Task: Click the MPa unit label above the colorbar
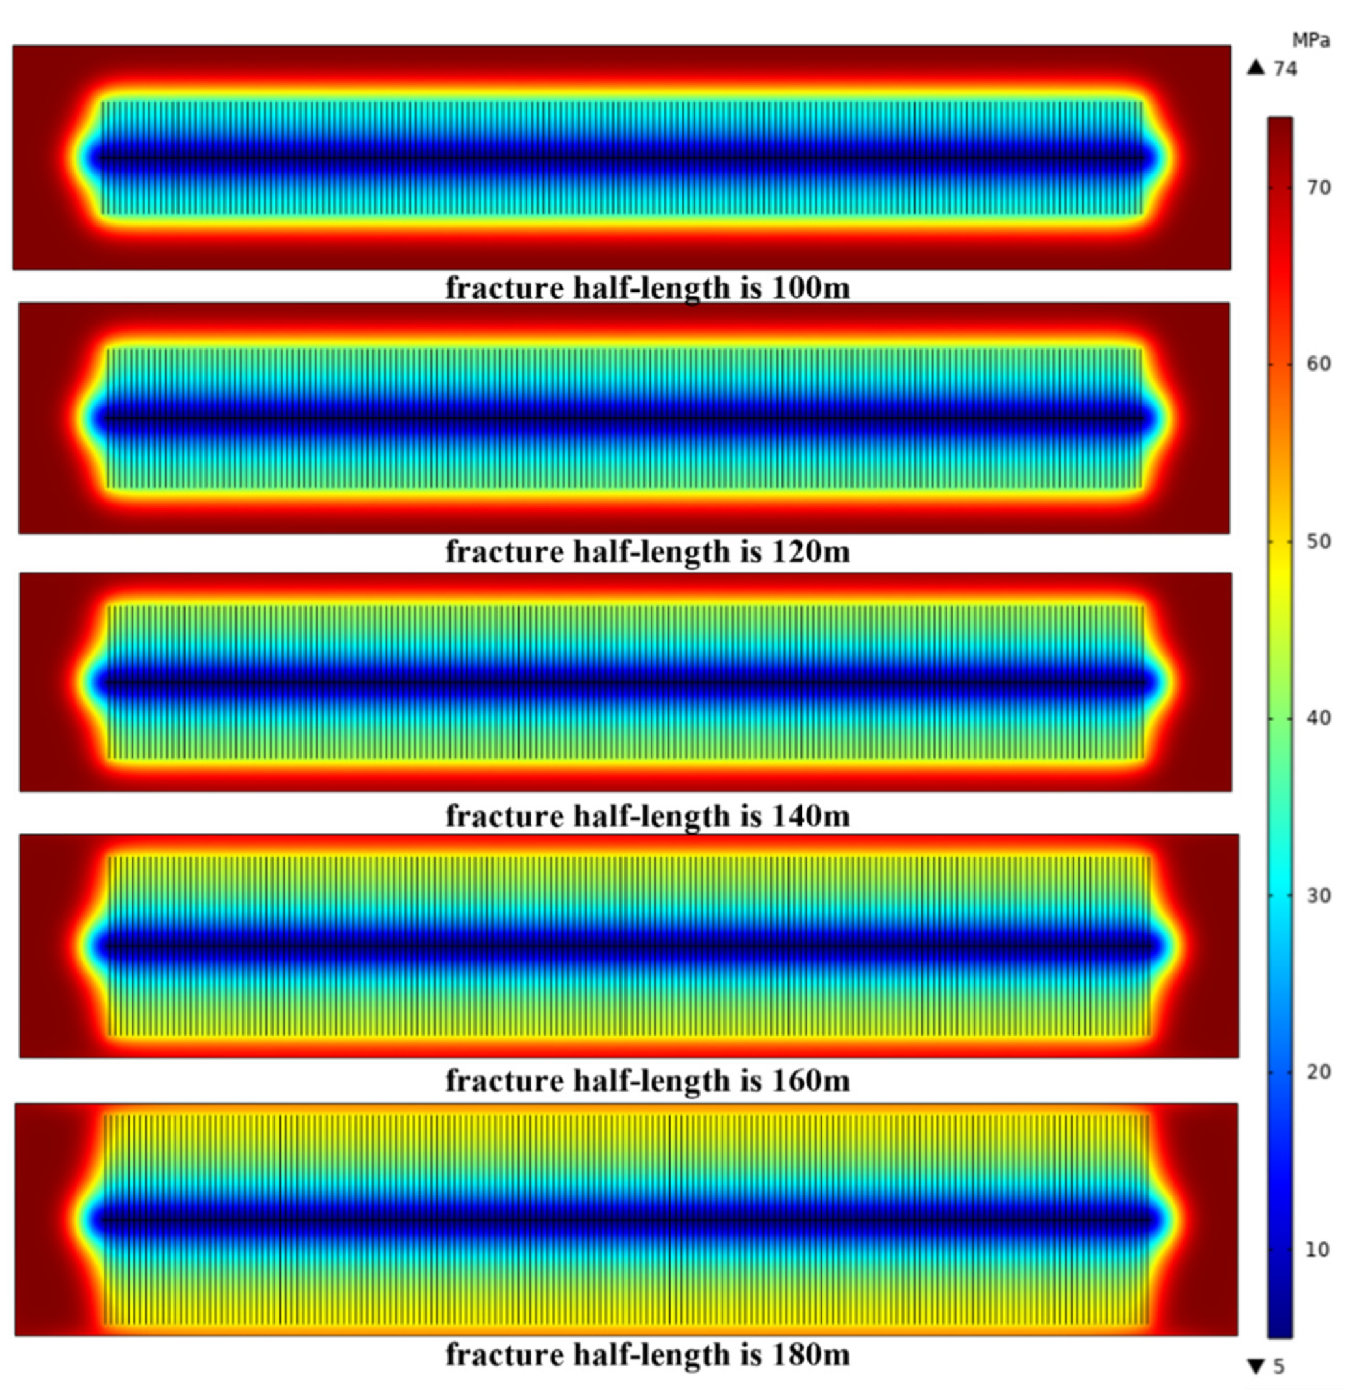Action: (1311, 41)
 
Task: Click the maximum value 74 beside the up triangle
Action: (1285, 68)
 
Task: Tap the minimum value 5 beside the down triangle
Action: (1279, 1366)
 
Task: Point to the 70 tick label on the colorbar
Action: (1319, 188)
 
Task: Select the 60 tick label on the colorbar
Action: (1319, 365)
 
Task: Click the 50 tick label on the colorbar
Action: (1319, 542)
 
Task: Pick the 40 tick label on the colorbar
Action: (1319, 718)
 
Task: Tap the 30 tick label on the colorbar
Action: (1319, 896)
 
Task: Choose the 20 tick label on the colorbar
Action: (1319, 1072)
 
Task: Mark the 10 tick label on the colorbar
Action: (1319, 1250)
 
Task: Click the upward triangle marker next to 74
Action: (1256, 68)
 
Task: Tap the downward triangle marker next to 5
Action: (1256, 1366)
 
